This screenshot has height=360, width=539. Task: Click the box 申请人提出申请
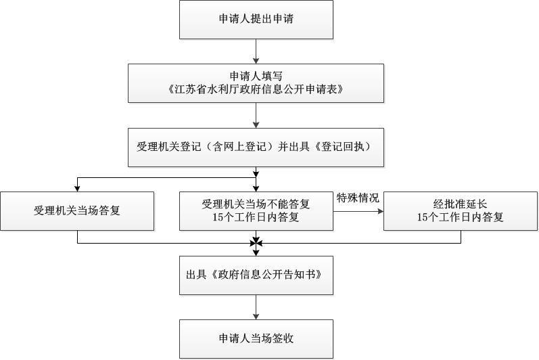pos(256,19)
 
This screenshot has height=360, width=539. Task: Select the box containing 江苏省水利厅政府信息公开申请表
pos(256,83)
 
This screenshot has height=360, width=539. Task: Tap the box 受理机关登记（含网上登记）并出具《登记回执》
pos(256,148)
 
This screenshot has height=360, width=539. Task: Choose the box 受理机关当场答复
pos(77,211)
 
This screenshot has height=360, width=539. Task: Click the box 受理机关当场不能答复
pos(256,211)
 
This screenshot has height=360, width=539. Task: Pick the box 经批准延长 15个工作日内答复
pos(461,211)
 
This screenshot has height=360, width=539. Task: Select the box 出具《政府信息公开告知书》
pos(256,275)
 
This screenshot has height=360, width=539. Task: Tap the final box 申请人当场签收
pos(256,339)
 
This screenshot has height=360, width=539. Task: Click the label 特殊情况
pos(358,198)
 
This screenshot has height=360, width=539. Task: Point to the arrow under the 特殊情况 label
pos(358,211)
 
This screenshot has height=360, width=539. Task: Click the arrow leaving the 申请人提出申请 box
pos(256,51)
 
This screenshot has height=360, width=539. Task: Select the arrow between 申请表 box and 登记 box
pos(256,115)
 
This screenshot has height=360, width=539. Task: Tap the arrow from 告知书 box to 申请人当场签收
pos(256,307)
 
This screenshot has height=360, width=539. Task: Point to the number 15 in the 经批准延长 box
pos(423,217)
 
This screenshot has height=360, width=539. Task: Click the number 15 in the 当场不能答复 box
pos(218,217)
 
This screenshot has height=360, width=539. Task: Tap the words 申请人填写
pos(256,76)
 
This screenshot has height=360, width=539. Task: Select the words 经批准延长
pos(461,204)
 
